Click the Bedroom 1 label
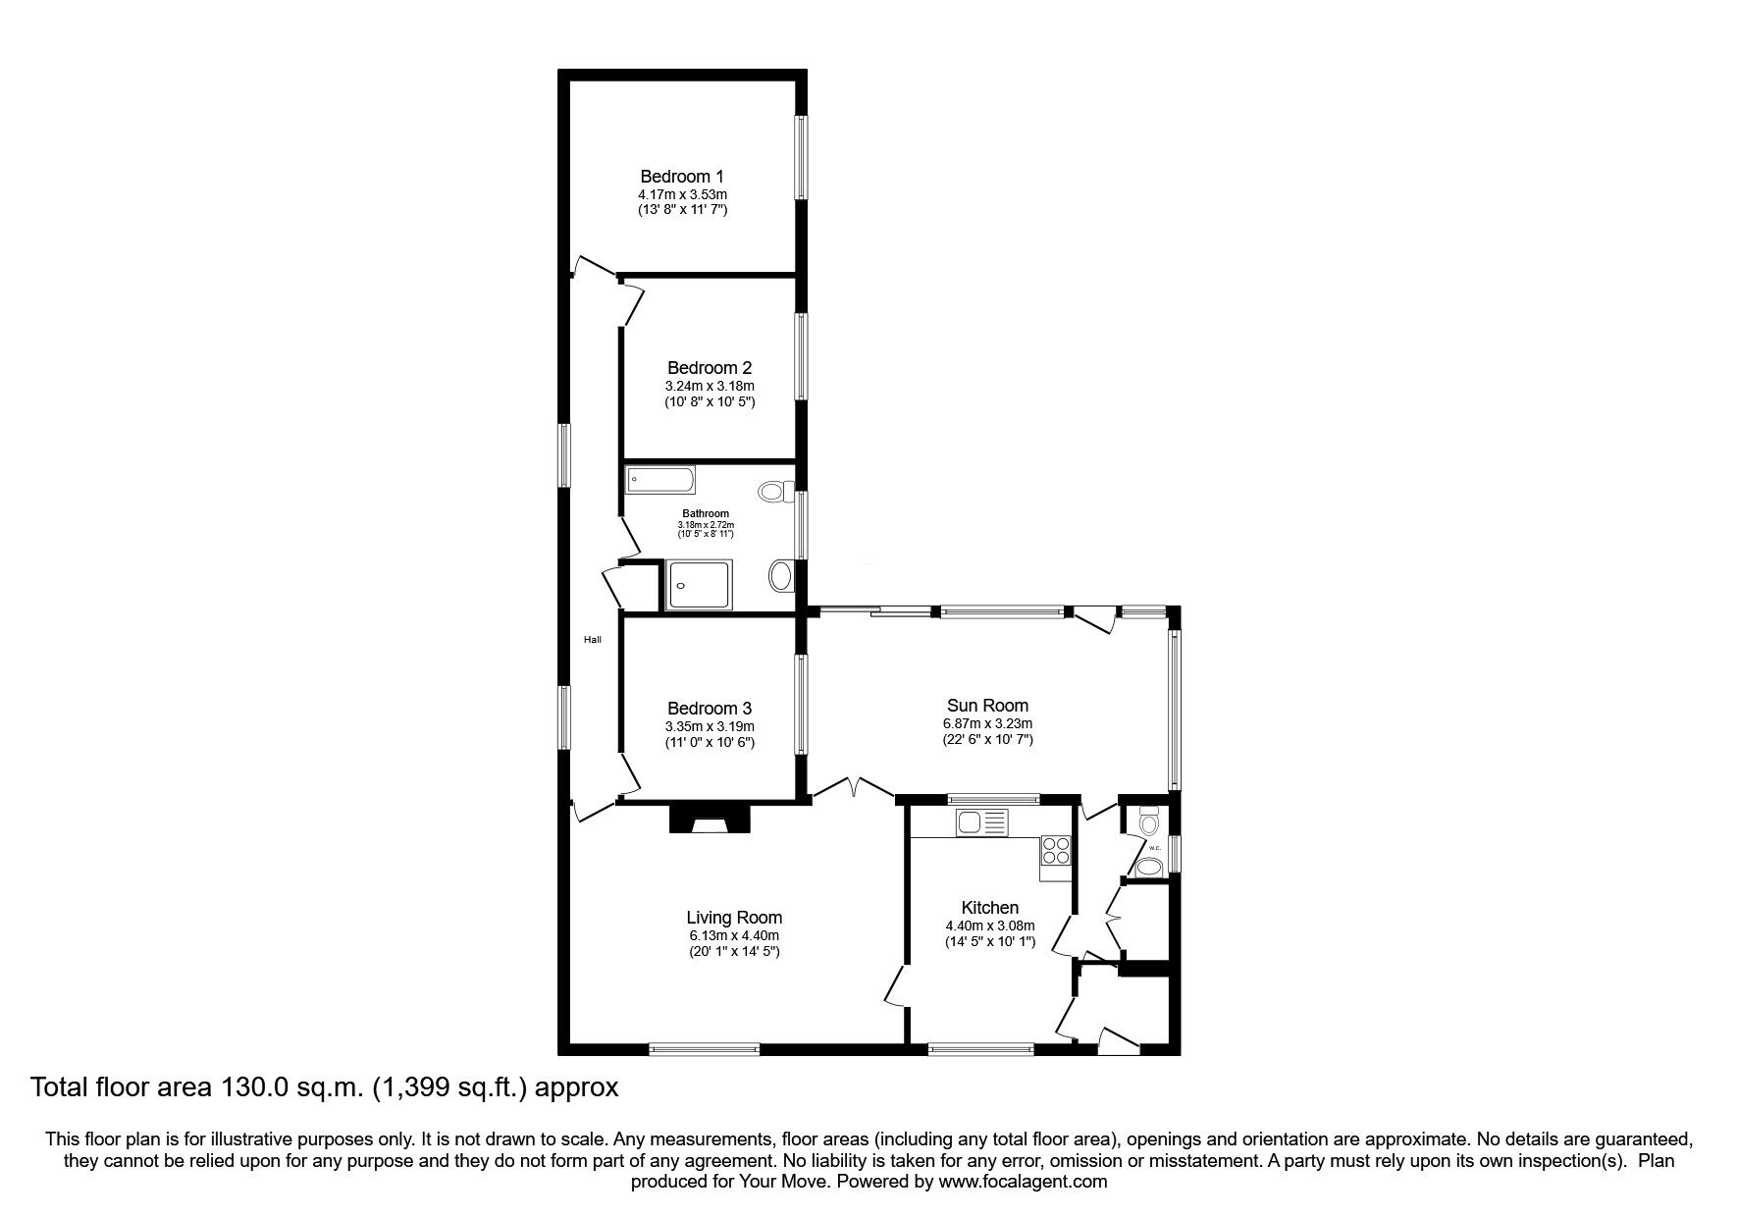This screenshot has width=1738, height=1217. (x=682, y=177)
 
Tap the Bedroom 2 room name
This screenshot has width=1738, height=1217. (x=710, y=368)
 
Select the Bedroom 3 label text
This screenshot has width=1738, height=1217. (x=710, y=709)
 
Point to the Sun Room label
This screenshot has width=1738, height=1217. (x=987, y=706)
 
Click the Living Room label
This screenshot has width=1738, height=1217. (x=734, y=919)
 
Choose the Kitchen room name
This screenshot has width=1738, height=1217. (x=990, y=909)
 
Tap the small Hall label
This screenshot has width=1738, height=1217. (x=593, y=640)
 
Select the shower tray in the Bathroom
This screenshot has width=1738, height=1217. (x=698, y=585)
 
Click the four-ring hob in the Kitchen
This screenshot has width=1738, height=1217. (x=1055, y=850)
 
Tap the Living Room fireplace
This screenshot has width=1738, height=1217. (x=710, y=819)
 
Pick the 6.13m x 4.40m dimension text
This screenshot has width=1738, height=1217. (x=734, y=935)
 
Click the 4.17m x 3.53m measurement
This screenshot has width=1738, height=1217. (x=682, y=194)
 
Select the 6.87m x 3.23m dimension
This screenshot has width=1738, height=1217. (x=987, y=723)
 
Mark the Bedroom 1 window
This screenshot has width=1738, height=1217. (x=802, y=158)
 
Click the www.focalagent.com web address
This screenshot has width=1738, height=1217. (x=1022, y=1182)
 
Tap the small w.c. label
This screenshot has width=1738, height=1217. (x=1154, y=848)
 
